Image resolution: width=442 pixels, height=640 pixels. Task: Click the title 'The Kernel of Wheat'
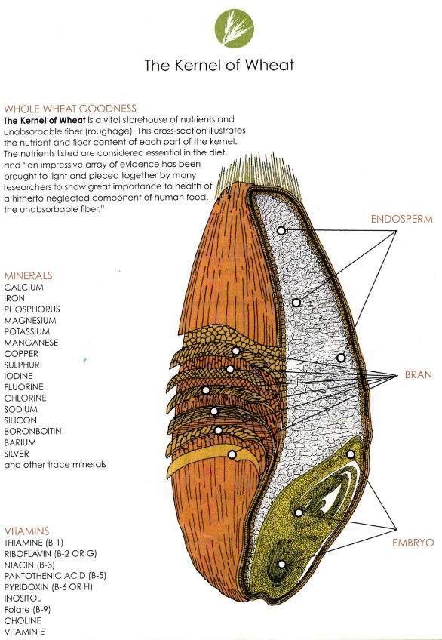219,66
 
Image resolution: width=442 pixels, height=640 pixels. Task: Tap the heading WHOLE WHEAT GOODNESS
70,109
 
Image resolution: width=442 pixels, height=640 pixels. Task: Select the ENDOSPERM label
401,219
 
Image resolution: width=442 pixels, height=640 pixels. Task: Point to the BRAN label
418,374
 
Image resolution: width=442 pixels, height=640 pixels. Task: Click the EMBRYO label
413,543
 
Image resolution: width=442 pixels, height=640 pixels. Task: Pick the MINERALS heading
28,276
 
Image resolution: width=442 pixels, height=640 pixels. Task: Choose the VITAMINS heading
26,531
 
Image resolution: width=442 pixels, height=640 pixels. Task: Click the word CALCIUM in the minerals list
23,288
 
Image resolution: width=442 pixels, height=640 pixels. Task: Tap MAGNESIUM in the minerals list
30,321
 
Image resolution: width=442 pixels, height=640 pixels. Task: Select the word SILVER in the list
17,454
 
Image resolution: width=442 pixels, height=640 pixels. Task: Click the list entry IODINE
18,376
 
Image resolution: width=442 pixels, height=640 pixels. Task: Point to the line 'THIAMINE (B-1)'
33,543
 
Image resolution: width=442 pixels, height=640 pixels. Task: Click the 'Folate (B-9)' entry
27,610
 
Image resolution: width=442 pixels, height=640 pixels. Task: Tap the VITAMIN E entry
24,632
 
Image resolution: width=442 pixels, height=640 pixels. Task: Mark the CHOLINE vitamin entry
23,621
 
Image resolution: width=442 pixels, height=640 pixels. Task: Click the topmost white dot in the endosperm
281,231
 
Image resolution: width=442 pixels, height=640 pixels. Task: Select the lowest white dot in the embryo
282,564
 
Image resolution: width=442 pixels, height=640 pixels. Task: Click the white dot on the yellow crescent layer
232,454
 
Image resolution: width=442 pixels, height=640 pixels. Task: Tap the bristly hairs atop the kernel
258,177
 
